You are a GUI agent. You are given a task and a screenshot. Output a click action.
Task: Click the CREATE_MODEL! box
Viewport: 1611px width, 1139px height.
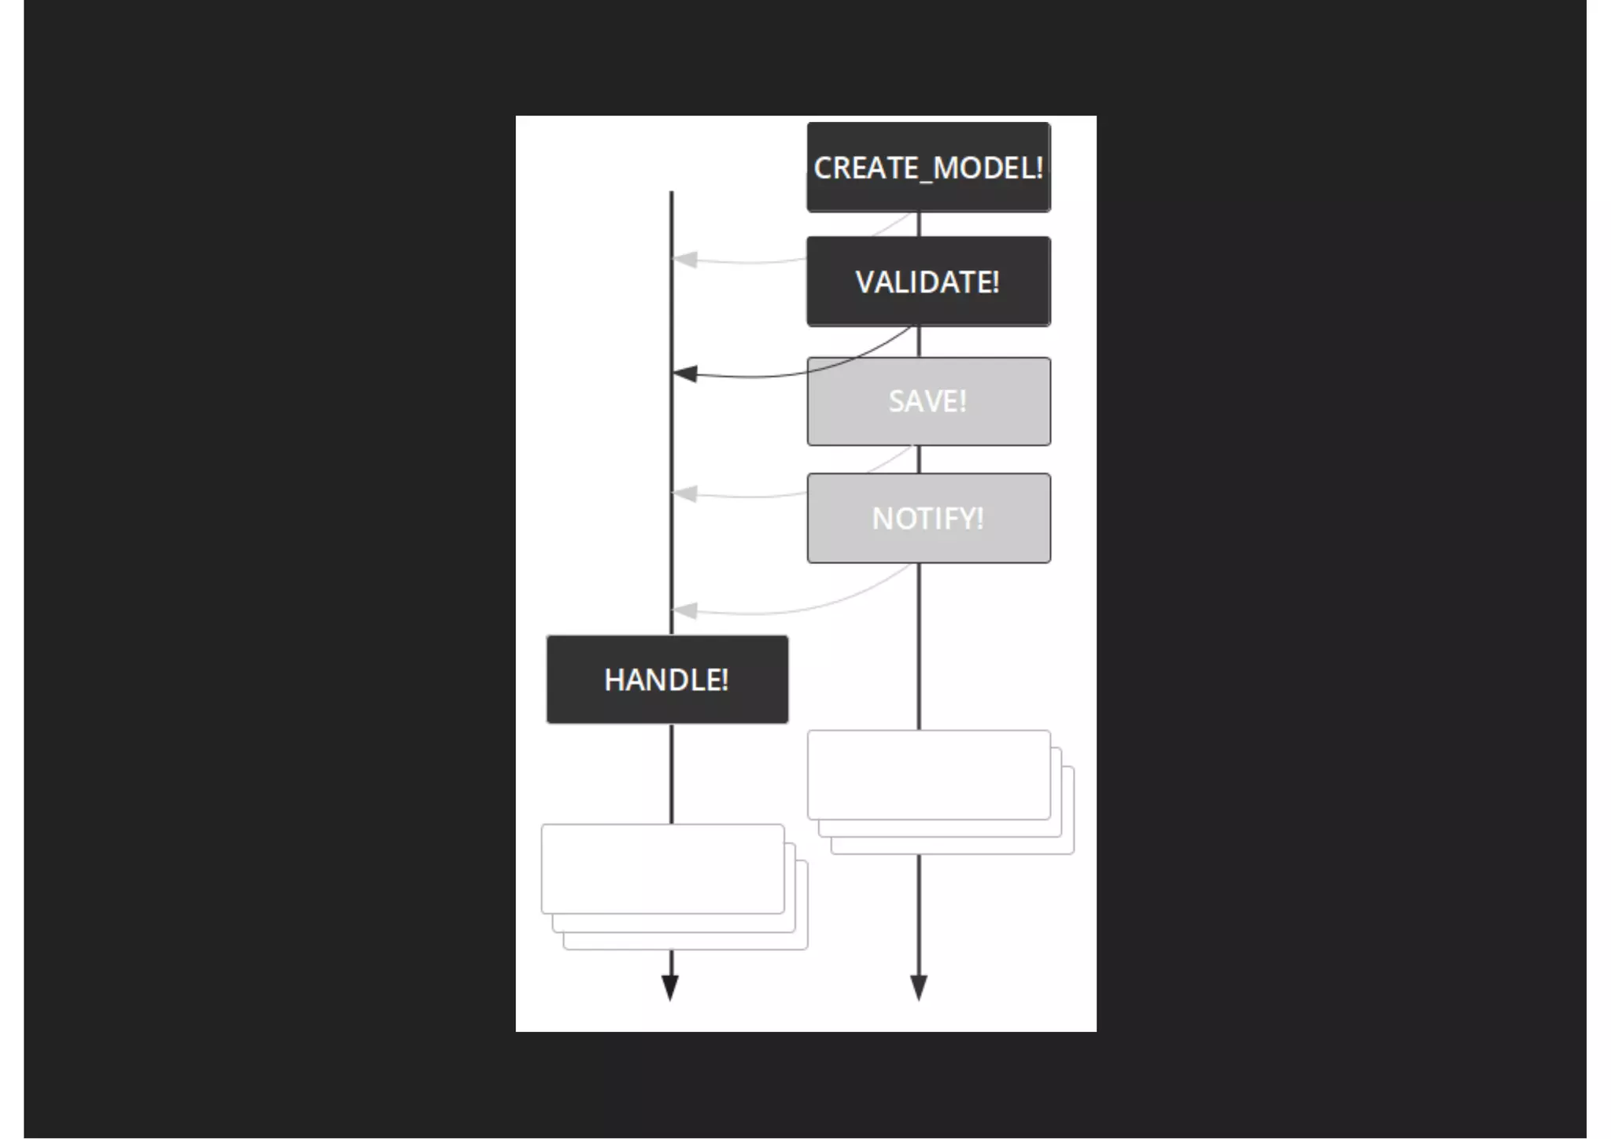(x=928, y=167)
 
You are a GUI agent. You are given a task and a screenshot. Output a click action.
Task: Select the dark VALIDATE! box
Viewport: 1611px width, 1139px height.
(x=928, y=282)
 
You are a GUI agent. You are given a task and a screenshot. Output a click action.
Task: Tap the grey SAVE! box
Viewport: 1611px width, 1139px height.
(x=928, y=401)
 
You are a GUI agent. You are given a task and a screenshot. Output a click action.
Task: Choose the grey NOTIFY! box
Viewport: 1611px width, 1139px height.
(x=928, y=518)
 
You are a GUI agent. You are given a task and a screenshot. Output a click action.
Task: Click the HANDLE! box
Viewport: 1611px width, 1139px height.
(x=667, y=680)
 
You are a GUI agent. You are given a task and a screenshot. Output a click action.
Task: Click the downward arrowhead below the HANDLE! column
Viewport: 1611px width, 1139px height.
(x=670, y=986)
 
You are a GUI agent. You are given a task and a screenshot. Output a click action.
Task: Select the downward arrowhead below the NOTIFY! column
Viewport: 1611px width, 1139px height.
(x=919, y=986)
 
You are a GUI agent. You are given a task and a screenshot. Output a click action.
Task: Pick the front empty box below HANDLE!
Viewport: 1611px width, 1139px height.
(x=662, y=868)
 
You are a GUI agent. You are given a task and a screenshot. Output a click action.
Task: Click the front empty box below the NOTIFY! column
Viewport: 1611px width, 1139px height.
(x=928, y=775)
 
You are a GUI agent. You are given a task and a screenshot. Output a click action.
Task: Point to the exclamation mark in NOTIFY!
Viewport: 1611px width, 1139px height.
(x=979, y=518)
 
